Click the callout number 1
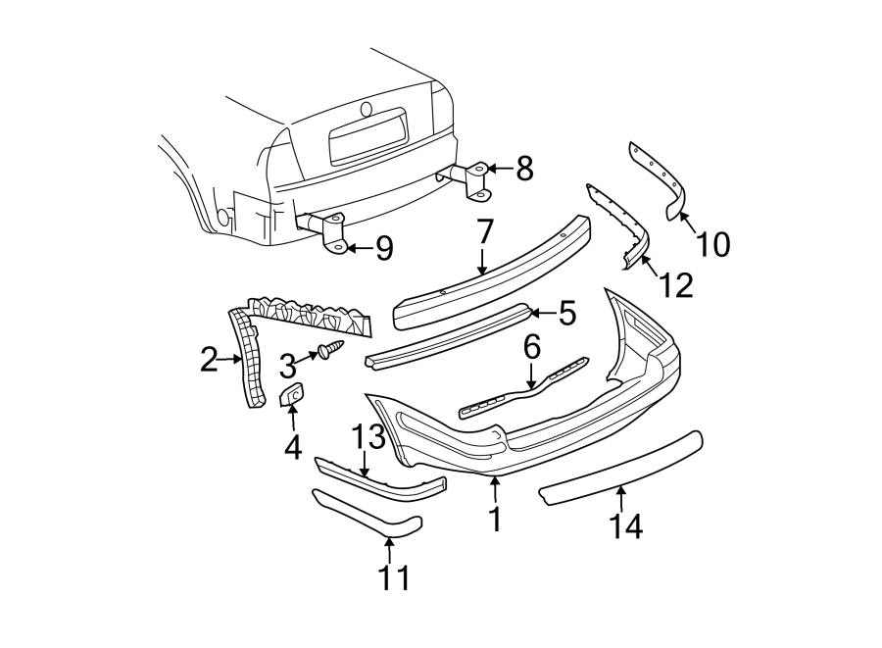495,519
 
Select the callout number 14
625,526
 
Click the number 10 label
714,243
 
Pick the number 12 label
676,284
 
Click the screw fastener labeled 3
328,349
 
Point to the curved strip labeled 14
619,467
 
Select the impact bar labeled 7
490,274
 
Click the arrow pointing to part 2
231,360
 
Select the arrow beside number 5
542,313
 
